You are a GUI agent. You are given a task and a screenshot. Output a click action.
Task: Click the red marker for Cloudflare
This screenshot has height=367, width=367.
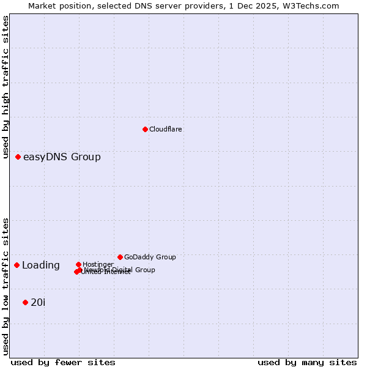coord(145,129)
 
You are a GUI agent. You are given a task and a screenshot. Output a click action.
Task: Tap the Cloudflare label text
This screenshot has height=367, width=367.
coord(166,129)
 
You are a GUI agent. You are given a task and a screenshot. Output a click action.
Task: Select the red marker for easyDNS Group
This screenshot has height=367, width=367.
coord(18,157)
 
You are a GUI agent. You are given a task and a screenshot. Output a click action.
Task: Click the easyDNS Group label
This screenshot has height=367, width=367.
coord(62,157)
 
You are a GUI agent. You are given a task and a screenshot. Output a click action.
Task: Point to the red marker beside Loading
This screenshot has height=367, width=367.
coord(17,265)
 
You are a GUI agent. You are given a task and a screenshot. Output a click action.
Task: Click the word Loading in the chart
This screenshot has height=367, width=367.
coord(41,265)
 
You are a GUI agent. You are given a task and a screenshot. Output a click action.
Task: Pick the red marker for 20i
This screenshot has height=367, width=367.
coord(25,302)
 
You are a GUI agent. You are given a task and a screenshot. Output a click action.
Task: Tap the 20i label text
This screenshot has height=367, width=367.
coord(38,302)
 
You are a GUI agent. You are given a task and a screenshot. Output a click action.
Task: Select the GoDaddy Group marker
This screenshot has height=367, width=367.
coord(120,257)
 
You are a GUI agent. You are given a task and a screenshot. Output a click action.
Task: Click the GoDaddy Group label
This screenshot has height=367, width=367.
coord(150,258)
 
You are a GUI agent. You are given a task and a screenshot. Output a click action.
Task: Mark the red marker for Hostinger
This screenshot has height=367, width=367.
coord(78,264)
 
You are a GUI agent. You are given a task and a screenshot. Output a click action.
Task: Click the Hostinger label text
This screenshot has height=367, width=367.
coord(98,264)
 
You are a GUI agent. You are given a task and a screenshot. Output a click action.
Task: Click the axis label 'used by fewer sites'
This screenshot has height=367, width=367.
coord(63,362)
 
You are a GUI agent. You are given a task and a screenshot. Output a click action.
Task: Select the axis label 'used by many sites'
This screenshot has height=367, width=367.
coord(307,362)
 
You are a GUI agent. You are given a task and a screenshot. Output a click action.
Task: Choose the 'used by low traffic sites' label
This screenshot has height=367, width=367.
coord(6,286)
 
